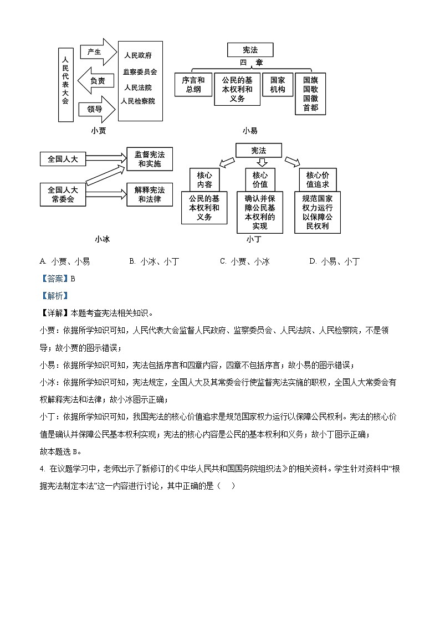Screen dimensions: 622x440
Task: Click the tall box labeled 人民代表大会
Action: tap(65, 84)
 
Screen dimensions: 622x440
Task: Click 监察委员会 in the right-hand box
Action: tap(140, 72)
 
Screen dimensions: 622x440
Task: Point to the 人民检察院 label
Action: tap(139, 101)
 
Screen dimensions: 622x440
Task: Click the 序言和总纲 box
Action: tap(193, 85)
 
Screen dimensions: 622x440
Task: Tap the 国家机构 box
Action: tap(278, 85)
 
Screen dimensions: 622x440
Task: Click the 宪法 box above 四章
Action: tap(250, 50)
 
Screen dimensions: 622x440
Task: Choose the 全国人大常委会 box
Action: tap(63, 194)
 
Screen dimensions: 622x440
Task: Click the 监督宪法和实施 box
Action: tap(150, 159)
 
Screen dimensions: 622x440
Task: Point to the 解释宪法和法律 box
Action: tap(150, 194)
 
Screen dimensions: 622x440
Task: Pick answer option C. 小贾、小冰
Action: tap(244, 261)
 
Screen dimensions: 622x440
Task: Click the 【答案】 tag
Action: tap(54, 279)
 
